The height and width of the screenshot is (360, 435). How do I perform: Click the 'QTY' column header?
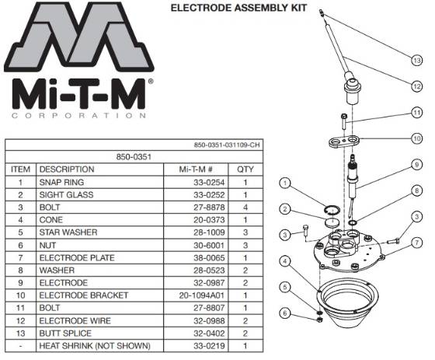(246, 168)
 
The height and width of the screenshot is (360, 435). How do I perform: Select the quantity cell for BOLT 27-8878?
(246, 207)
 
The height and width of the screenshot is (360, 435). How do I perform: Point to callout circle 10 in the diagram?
(418, 138)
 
